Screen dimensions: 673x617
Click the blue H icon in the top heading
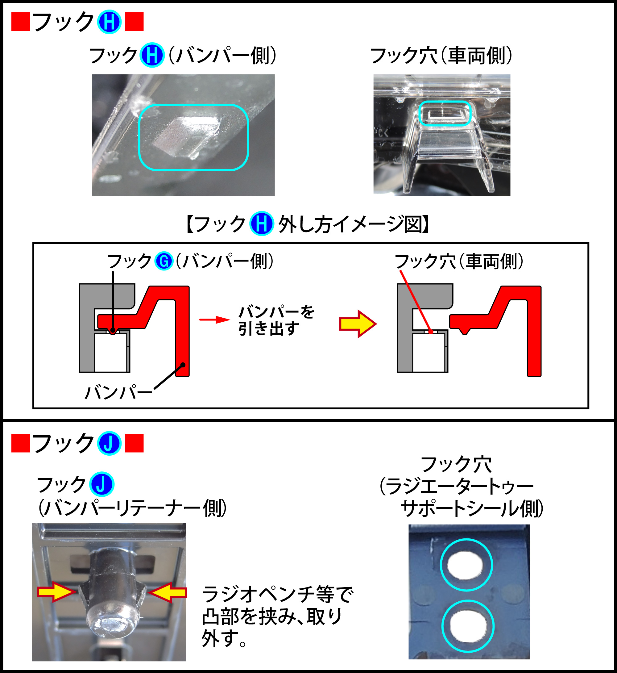point(109,22)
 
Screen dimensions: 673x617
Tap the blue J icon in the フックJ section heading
point(109,443)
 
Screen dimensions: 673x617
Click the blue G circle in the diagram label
point(164,261)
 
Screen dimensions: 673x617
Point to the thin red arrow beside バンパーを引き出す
point(215,320)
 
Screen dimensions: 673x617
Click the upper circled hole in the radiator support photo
point(466,565)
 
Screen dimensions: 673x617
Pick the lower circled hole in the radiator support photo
point(467,626)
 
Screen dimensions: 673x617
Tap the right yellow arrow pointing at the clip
point(168,592)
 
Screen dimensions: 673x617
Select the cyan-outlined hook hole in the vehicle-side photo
point(445,113)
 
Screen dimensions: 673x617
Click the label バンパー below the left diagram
point(118,392)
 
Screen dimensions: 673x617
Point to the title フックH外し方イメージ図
point(308,224)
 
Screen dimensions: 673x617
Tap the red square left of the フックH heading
point(21,22)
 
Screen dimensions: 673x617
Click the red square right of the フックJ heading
point(134,443)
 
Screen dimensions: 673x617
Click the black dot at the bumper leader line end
point(183,365)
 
